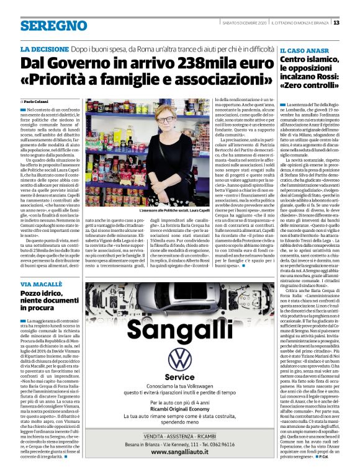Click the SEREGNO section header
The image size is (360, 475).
pos(53,26)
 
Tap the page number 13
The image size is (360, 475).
pos(353,24)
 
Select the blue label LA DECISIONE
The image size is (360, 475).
pos(45,48)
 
